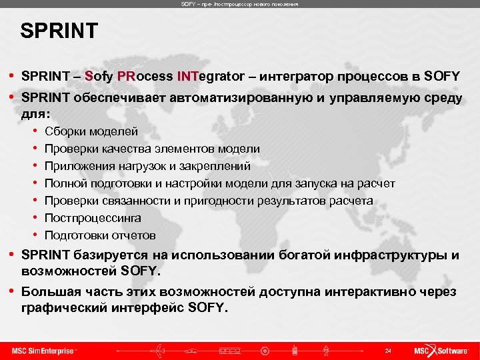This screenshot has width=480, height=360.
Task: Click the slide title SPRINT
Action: (x=59, y=31)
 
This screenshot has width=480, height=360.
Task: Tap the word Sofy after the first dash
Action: (x=99, y=75)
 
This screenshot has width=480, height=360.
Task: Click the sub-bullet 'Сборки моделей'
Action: (x=91, y=131)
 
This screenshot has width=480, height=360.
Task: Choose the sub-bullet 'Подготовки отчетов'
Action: (x=100, y=235)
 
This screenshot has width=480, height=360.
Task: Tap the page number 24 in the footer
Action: (x=387, y=350)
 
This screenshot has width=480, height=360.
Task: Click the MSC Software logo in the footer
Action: (x=441, y=350)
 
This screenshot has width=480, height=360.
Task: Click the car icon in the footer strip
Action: (x=193, y=350)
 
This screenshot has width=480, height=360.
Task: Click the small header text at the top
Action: (x=240, y=4)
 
